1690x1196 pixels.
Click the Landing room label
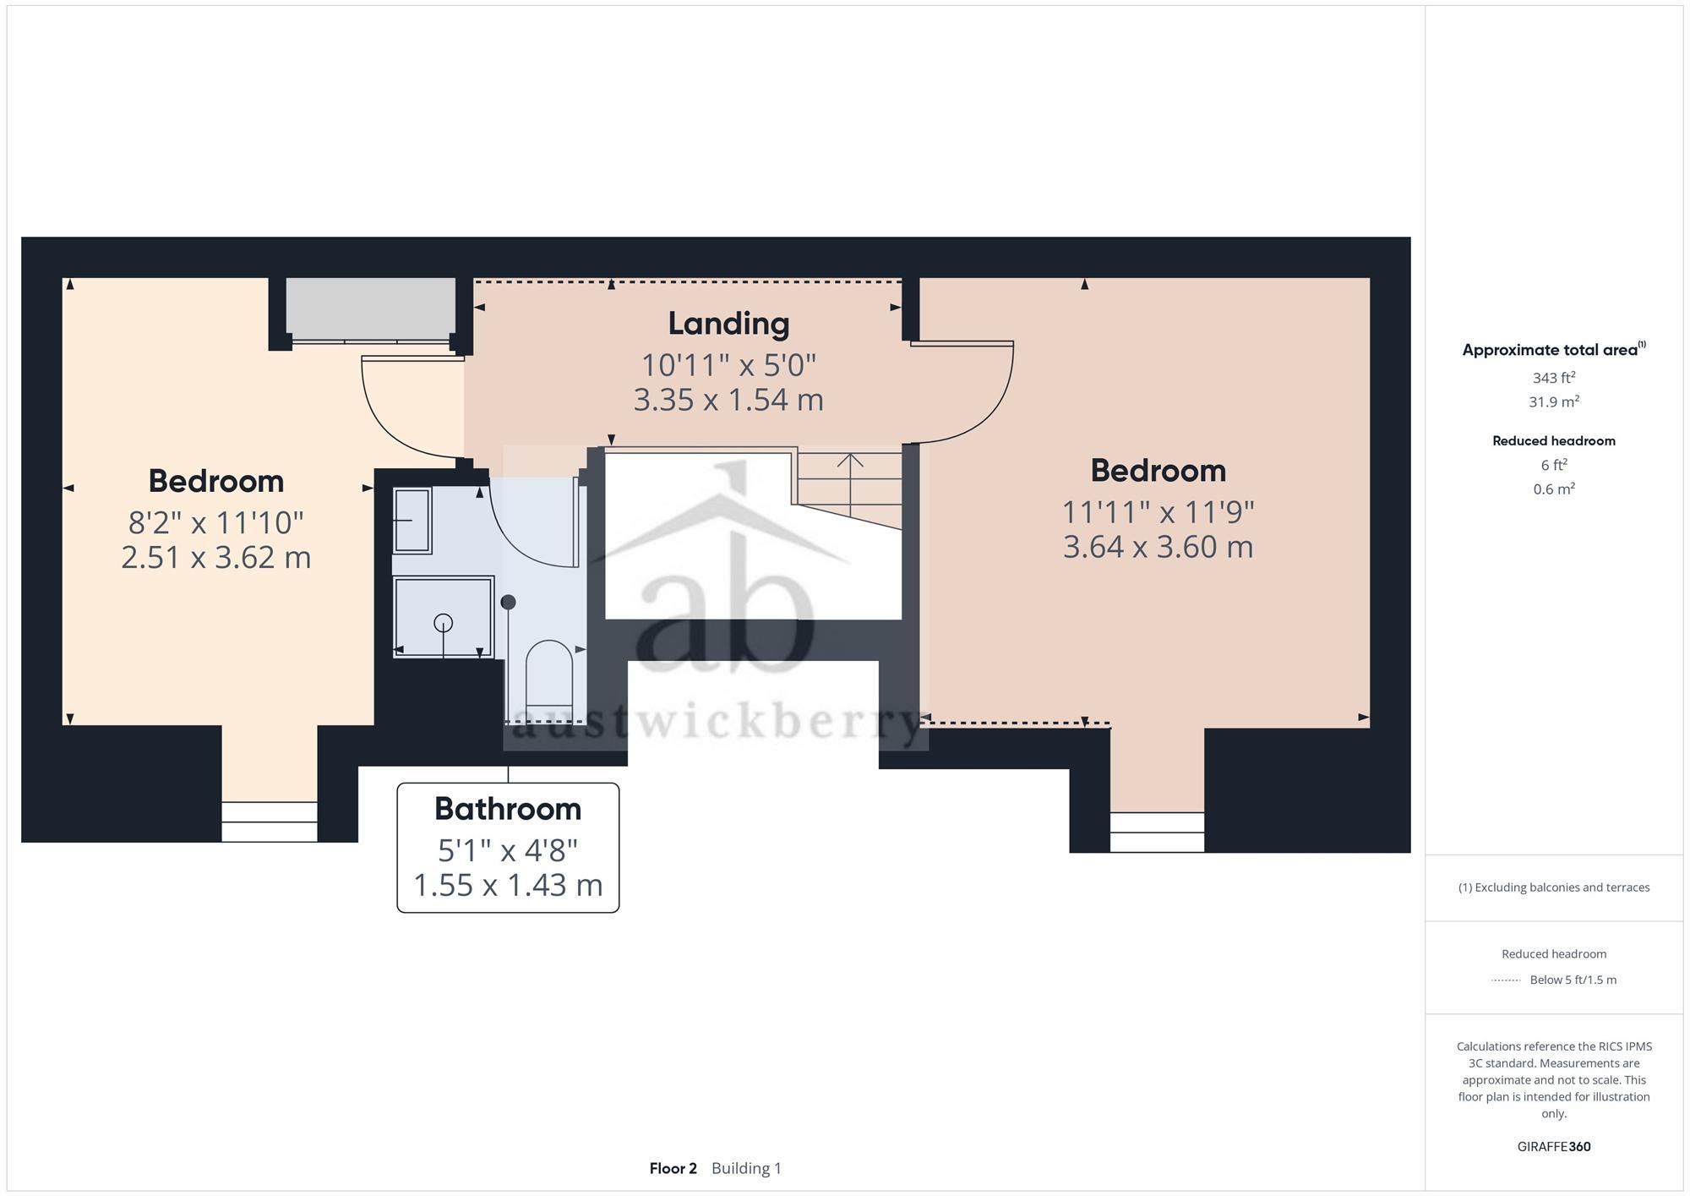tap(728, 324)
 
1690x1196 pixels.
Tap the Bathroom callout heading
tap(508, 809)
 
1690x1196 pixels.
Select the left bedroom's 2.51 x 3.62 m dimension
tap(216, 558)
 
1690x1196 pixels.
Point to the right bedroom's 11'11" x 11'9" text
tap(1158, 512)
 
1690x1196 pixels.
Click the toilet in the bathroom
tap(549, 672)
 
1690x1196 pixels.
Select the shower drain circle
tap(443, 623)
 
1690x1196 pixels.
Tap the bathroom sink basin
tap(413, 521)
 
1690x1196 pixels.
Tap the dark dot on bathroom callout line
tap(508, 603)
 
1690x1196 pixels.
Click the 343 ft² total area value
tap(1553, 378)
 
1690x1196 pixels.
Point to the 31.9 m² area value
tap(1553, 401)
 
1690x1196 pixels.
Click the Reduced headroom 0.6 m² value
tap(1553, 489)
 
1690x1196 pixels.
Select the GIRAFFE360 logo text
tap(1553, 1147)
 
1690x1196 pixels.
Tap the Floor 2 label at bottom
tap(673, 1168)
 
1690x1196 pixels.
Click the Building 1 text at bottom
tap(746, 1168)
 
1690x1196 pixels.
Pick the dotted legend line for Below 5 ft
tap(1506, 980)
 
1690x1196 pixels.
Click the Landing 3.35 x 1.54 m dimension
tap(728, 400)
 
